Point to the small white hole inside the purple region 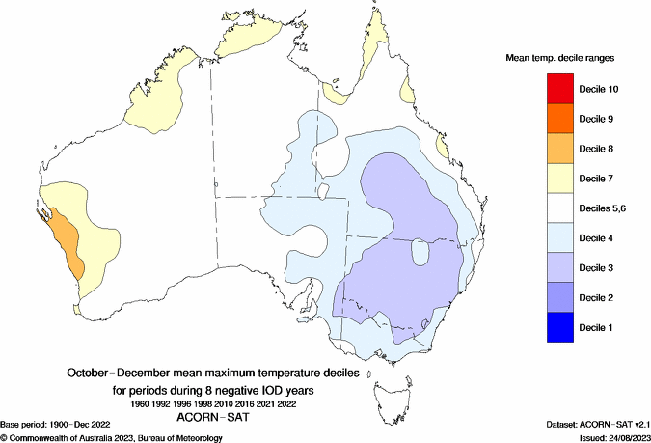[420, 253]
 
